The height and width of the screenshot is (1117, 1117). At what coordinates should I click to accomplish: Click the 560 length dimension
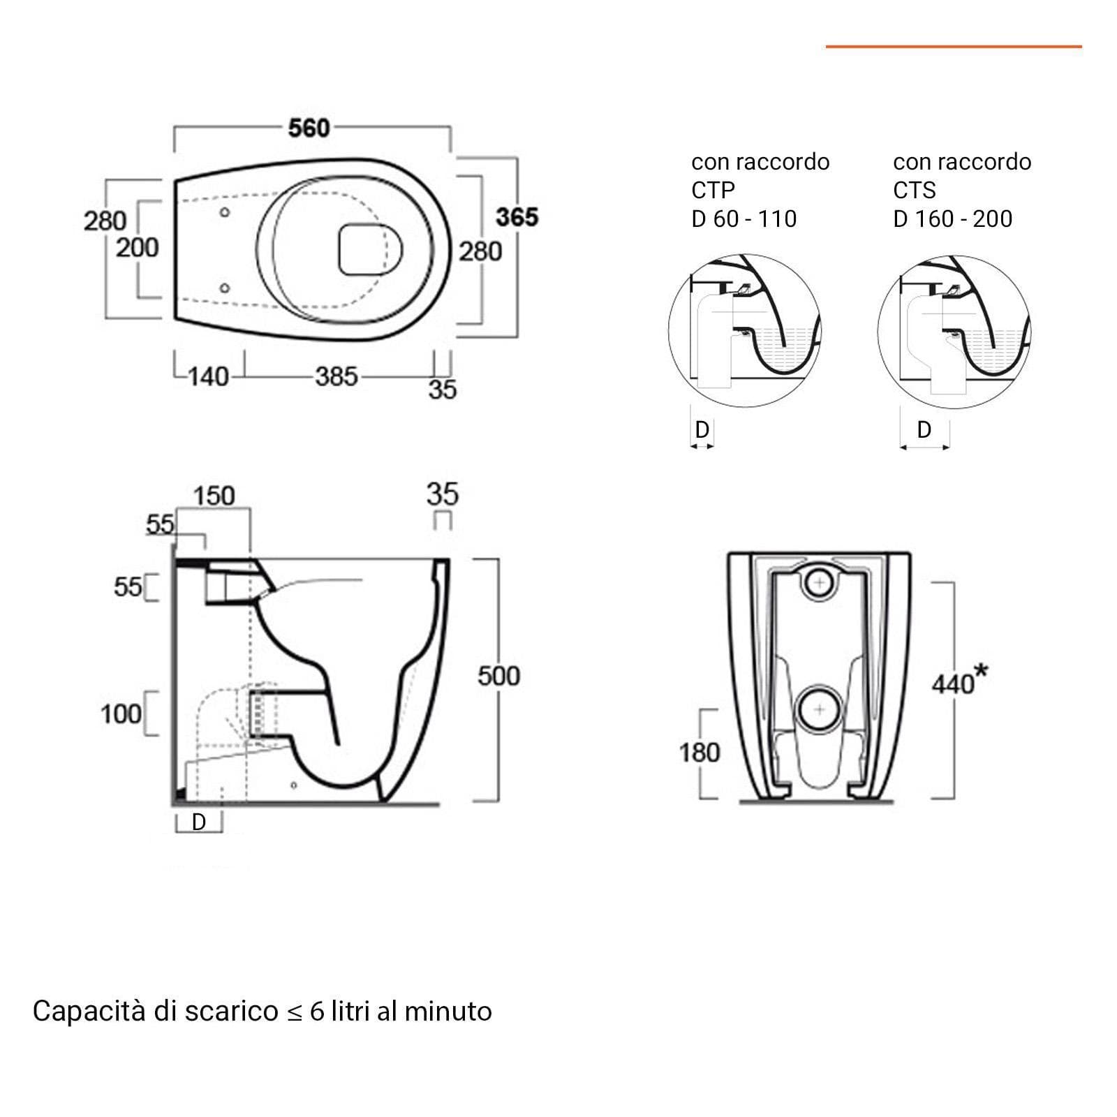tap(309, 128)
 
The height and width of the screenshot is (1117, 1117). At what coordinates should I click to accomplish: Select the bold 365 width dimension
tap(517, 217)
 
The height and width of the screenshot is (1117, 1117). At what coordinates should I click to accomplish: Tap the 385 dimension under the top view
tap(336, 376)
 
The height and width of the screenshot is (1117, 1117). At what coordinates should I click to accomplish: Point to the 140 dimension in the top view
tap(209, 376)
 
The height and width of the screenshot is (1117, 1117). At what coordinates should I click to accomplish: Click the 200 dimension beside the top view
tap(138, 247)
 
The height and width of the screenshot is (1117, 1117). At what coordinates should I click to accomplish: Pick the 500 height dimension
tap(499, 675)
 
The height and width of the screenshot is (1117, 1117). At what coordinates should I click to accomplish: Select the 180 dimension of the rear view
tap(700, 753)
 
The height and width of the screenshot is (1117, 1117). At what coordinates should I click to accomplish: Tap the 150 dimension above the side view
tap(214, 496)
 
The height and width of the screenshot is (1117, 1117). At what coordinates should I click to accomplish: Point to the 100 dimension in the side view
tap(121, 714)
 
